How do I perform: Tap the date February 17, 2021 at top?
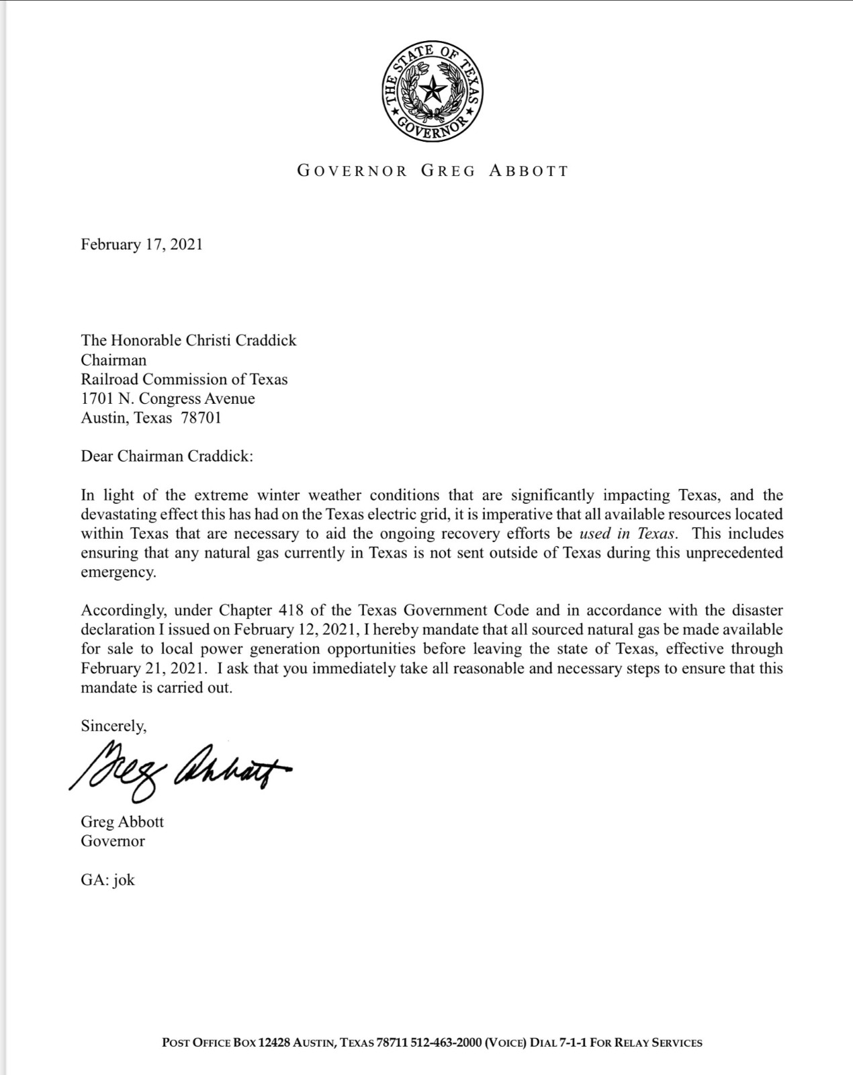coord(142,245)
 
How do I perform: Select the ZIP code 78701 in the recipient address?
coord(201,418)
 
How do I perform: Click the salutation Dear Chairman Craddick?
coord(167,456)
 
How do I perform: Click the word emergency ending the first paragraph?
coord(118,573)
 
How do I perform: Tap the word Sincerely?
coord(114,726)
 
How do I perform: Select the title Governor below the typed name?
coord(113,841)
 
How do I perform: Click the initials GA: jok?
coord(108,880)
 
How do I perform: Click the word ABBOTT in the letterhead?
coord(529,171)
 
